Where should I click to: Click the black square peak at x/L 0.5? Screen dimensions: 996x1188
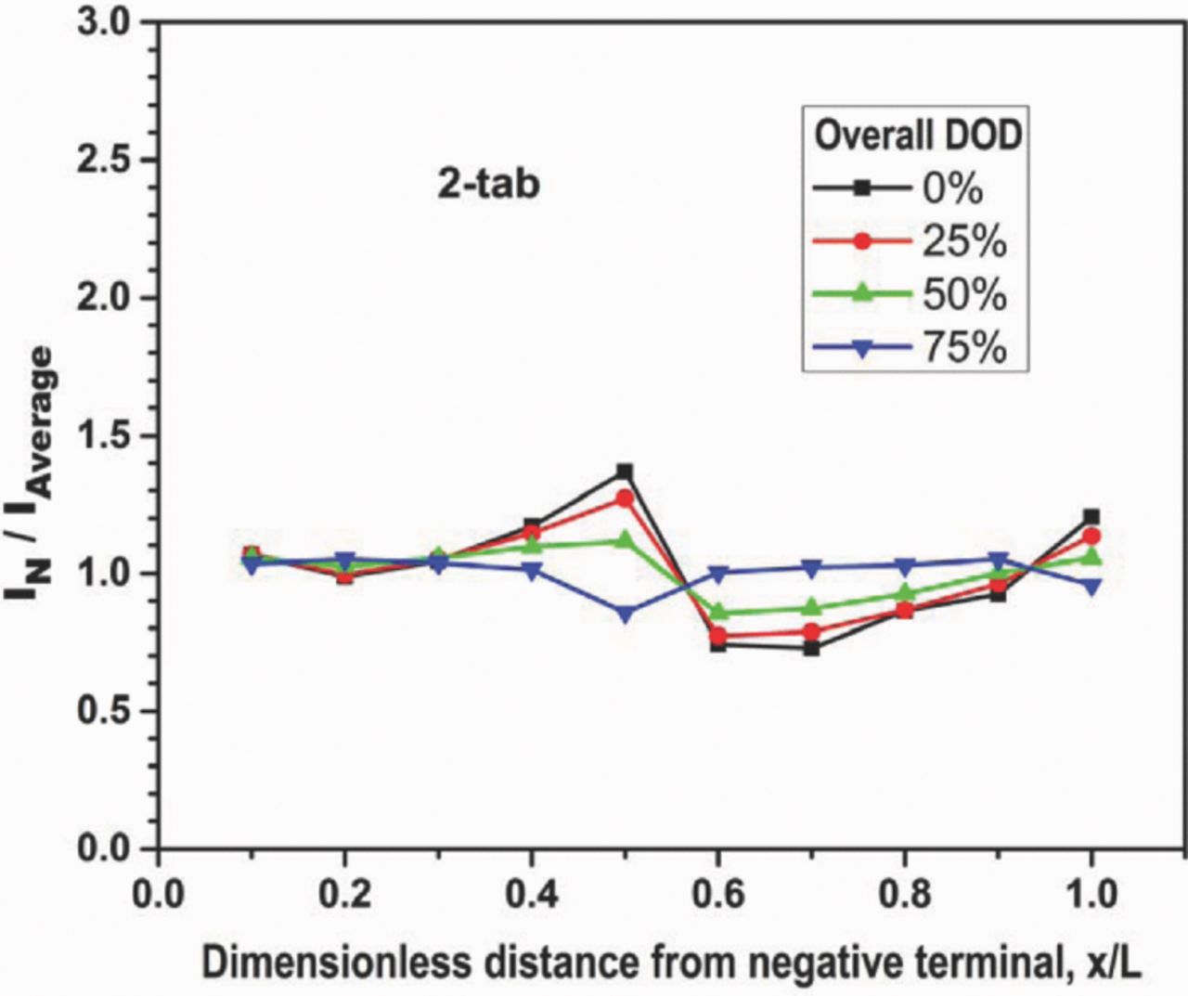pyautogui.click(x=625, y=472)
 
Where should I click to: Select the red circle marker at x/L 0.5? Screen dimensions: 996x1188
pyautogui.click(x=625, y=498)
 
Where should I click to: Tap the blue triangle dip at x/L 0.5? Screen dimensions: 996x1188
pyautogui.click(x=625, y=614)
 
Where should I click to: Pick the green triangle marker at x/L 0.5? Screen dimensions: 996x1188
pyautogui.click(x=625, y=539)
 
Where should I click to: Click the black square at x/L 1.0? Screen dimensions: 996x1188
pyautogui.click(x=1091, y=516)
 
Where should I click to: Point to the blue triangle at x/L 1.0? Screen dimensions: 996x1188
pyautogui.click(x=1091, y=587)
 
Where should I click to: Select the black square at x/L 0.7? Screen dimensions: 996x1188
pyautogui.click(x=811, y=648)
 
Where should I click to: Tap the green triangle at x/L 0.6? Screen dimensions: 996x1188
pyautogui.click(x=718, y=612)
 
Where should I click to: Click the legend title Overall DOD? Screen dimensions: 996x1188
pyautogui.click(x=917, y=136)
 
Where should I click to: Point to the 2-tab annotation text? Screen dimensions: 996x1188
pyautogui.click(x=488, y=185)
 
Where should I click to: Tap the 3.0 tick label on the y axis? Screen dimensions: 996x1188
pyautogui.click(x=103, y=23)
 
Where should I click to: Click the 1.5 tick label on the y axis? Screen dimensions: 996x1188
pyautogui.click(x=103, y=435)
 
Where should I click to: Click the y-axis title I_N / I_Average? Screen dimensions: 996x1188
pyautogui.click(x=33, y=473)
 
